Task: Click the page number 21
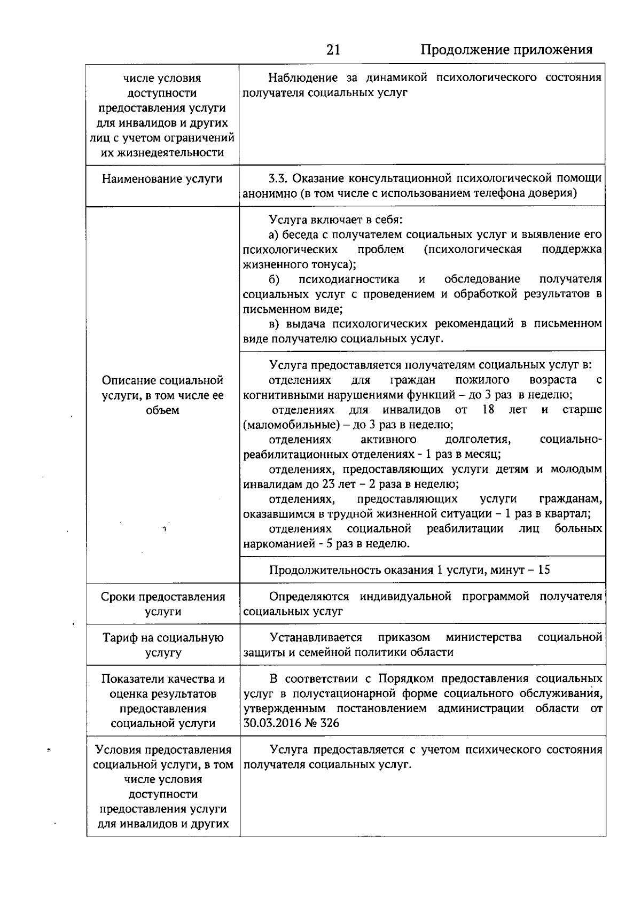(x=333, y=50)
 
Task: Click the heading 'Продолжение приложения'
(x=506, y=50)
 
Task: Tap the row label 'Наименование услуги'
(x=162, y=179)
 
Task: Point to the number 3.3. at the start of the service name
(x=278, y=178)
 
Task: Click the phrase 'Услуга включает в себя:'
(x=335, y=220)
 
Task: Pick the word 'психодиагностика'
(x=349, y=279)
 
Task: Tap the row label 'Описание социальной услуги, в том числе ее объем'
(x=162, y=395)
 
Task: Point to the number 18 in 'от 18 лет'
(x=488, y=410)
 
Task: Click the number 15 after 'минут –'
(x=544, y=569)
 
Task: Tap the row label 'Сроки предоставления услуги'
(x=162, y=604)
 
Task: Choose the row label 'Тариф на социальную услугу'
(x=162, y=645)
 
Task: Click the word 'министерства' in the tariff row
(x=483, y=637)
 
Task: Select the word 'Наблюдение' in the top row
(x=303, y=78)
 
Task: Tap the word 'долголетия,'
(x=478, y=440)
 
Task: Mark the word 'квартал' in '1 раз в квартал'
(x=571, y=514)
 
